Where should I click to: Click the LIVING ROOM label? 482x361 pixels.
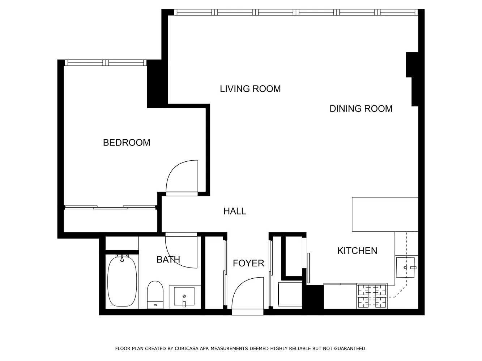[x=250, y=89]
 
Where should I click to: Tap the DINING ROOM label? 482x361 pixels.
[x=361, y=109]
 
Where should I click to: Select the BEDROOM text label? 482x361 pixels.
[x=127, y=143]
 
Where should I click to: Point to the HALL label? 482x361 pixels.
[x=235, y=211]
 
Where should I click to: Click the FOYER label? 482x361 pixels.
[x=248, y=264]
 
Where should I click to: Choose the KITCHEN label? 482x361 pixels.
[x=357, y=251]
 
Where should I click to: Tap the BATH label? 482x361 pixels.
[x=168, y=259]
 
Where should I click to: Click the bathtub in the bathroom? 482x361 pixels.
[x=122, y=281]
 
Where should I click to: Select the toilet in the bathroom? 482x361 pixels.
[x=155, y=295]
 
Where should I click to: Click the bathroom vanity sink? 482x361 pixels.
[x=184, y=297]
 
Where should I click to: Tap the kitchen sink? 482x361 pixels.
[x=406, y=267]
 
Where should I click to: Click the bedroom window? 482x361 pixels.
[x=106, y=63]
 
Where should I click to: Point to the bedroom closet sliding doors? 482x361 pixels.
[x=110, y=208]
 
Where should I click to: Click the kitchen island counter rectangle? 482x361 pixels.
[x=385, y=214]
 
